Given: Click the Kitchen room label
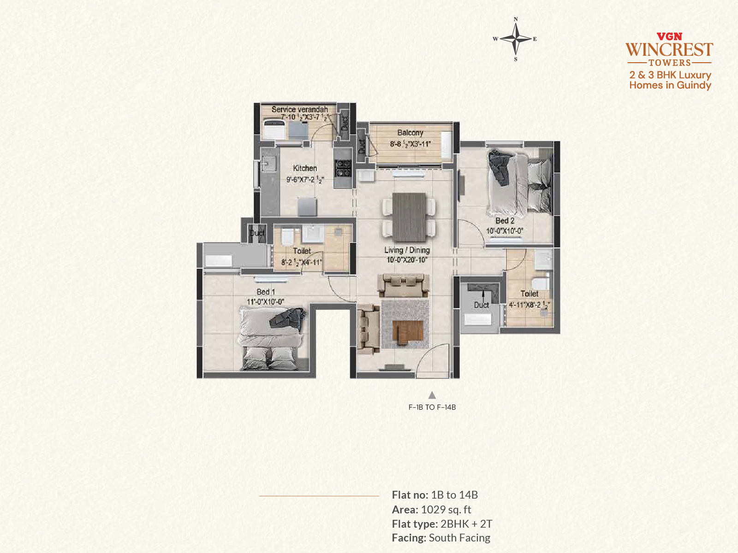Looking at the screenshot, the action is pyautogui.click(x=304, y=168).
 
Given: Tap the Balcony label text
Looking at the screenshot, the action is pyautogui.click(x=410, y=133).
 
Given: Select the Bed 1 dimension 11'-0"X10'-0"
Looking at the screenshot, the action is pyautogui.click(x=266, y=302).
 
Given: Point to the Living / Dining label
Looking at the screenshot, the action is pyautogui.click(x=407, y=250).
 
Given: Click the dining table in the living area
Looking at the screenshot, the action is pyautogui.click(x=409, y=217).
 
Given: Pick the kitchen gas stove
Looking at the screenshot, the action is pyautogui.click(x=343, y=168).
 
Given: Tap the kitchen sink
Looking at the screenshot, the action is pyautogui.click(x=268, y=164).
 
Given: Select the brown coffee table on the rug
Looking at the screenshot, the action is pyautogui.click(x=408, y=332).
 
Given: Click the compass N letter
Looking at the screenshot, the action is pyautogui.click(x=516, y=19).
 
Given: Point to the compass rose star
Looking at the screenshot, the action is pyautogui.click(x=516, y=39).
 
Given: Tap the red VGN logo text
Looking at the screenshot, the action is pyautogui.click(x=669, y=36).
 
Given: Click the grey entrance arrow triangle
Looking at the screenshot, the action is pyautogui.click(x=432, y=395).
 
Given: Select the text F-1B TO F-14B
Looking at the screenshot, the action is pyautogui.click(x=432, y=407).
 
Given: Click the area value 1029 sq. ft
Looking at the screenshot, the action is pyautogui.click(x=446, y=510).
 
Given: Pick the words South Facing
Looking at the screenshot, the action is pyautogui.click(x=459, y=538).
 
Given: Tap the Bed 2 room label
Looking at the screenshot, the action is pyautogui.click(x=505, y=221).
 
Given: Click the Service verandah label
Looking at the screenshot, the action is pyautogui.click(x=299, y=110).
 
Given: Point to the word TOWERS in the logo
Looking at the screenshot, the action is pyautogui.click(x=670, y=63).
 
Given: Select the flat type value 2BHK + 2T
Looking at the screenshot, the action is pyautogui.click(x=466, y=524).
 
